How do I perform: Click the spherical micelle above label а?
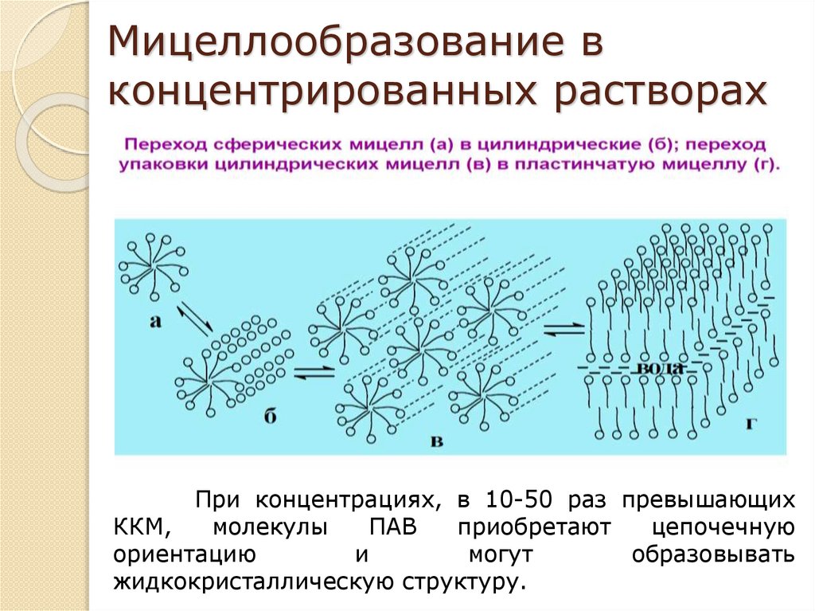click(x=154, y=264)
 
